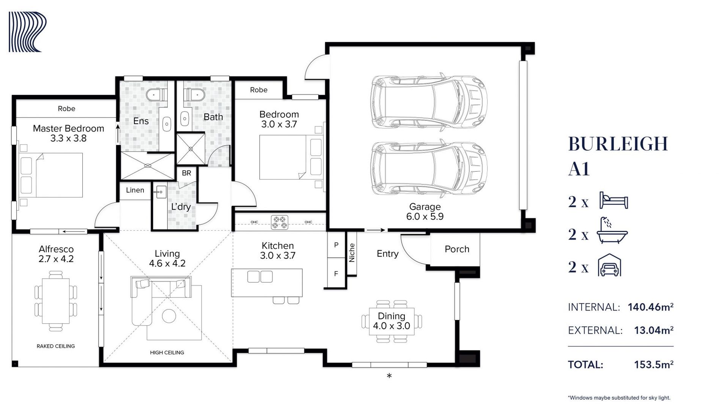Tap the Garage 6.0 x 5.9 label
[x=425, y=211]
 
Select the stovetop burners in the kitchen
[x=280, y=222]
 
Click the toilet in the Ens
[x=156, y=95]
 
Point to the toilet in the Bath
[x=194, y=95]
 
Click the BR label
[x=186, y=173]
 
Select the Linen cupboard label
[x=135, y=190]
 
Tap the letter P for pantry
[x=336, y=245]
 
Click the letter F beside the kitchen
[x=336, y=273]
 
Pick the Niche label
[x=352, y=253]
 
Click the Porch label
[x=457, y=249]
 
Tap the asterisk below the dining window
[x=389, y=376]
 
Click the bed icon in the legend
[x=614, y=200]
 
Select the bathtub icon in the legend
[x=612, y=230]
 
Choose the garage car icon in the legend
[x=609, y=265]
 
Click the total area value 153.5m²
[x=654, y=364]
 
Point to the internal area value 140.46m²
[x=651, y=307]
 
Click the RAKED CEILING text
[x=56, y=346]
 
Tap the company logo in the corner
[x=27, y=32]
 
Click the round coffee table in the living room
[x=169, y=316]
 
